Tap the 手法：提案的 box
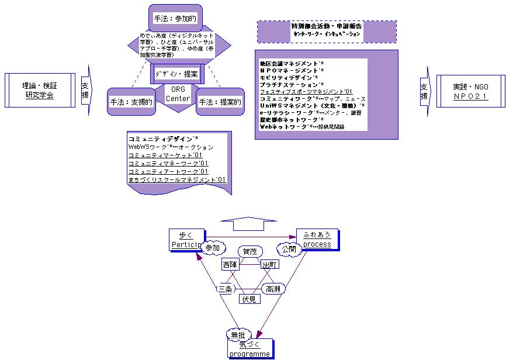(219, 102)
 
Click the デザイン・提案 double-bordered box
(177, 74)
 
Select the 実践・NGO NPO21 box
(471, 91)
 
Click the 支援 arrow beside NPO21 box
(425, 91)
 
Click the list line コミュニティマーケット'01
(160, 155)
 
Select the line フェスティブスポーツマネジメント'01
(306, 92)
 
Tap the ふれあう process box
(317, 239)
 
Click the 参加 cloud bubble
(212, 248)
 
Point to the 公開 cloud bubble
(289, 248)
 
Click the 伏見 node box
(249, 299)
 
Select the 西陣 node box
(231, 265)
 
